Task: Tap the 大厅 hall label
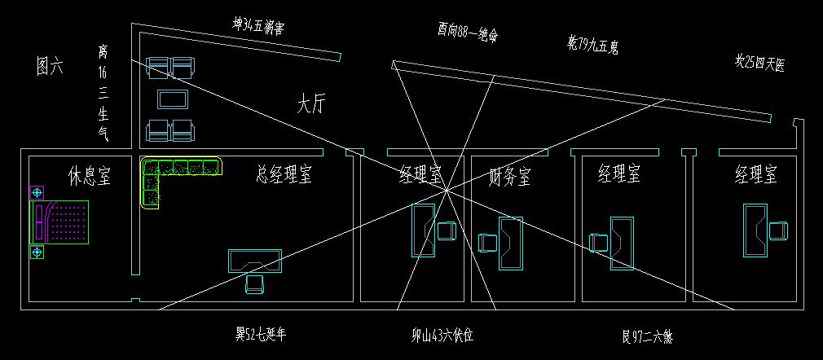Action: click(x=310, y=105)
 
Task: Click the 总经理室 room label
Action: click(x=284, y=173)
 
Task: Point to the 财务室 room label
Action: click(x=510, y=174)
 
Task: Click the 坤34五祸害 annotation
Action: click(x=257, y=28)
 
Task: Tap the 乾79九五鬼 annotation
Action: click(x=592, y=44)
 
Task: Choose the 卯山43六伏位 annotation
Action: click(x=442, y=334)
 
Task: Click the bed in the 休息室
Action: click(x=59, y=221)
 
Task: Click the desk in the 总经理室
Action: click(x=255, y=261)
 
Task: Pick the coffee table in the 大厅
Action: click(x=173, y=99)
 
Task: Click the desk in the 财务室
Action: click(x=511, y=243)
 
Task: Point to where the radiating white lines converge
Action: click(x=447, y=190)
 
